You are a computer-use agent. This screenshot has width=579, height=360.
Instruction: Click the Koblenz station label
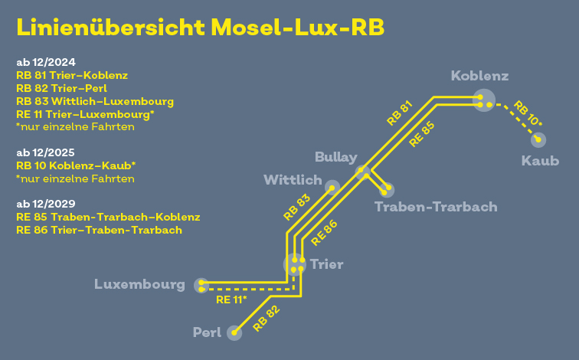[x=479, y=76]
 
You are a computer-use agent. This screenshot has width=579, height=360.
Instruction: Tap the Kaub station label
[x=540, y=161]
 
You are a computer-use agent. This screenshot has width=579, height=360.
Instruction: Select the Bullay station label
[x=336, y=158]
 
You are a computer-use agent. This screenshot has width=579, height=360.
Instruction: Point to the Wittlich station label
[x=293, y=180]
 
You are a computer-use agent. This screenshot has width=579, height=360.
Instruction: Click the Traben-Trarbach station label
[x=436, y=207]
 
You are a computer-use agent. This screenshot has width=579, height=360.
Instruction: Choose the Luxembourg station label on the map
[x=139, y=284]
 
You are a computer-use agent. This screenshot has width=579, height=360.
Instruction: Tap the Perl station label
[x=207, y=332]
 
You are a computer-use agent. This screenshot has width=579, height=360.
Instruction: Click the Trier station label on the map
[x=327, y=264]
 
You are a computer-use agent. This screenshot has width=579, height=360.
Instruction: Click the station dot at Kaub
[x=538, y=139]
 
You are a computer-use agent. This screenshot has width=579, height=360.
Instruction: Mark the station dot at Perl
[x=234, y=333]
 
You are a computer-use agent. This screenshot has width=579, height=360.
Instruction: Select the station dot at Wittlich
[x=332, y=188]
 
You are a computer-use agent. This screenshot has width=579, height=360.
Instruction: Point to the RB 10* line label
[x=527, y=113]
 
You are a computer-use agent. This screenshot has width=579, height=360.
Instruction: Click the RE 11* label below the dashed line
[x=231, y=299]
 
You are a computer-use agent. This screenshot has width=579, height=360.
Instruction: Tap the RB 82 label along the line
[x=267, y=319]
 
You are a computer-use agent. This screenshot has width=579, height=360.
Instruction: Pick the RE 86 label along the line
[x=324, y=233]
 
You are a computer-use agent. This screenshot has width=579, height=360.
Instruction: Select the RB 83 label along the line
[x=296, y=208]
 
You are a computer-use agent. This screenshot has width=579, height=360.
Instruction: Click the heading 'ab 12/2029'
[x=46, y=204]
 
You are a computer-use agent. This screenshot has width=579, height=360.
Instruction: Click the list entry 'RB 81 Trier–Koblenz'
[x=72, y=75]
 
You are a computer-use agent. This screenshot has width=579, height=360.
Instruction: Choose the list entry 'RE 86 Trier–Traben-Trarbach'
[x=99, y=230]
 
